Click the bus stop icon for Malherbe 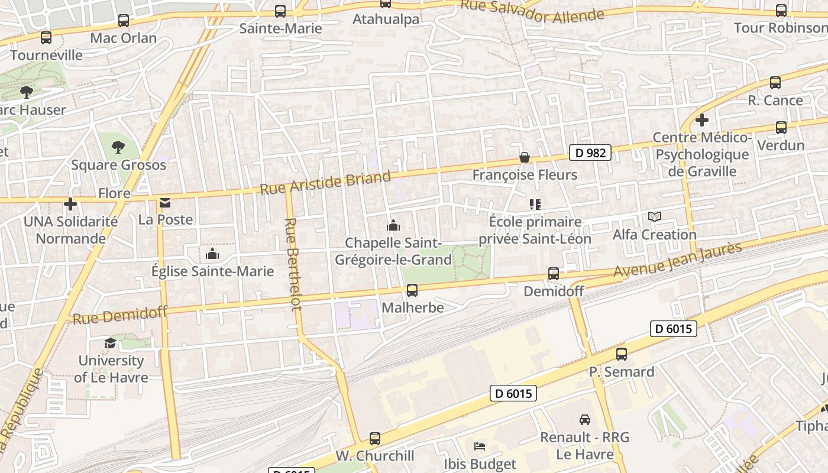tap(412, 290)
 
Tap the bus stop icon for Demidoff tap(554, 274)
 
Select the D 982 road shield tap(590, 153)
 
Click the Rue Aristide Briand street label tap(325, 183)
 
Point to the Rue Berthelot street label tap(292, 264)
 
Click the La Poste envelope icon tap(165, 203)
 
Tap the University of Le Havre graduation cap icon tap(111, 344)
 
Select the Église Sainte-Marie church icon tap(212, 254)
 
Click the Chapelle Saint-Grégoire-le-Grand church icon tap(393, 225)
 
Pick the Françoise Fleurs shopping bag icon tap(525, 157)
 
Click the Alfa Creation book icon tap(654, 217)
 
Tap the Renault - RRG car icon tap(585, 420)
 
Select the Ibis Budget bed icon tap(480, 446)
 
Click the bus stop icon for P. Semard tap(622, 354)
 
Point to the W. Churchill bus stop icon tap(375, 439)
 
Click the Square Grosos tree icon tap(118, 147)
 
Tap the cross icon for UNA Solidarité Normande tap(70, 204)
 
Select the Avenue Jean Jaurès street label tap(677, 260)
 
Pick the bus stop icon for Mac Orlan tap(124, 21)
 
